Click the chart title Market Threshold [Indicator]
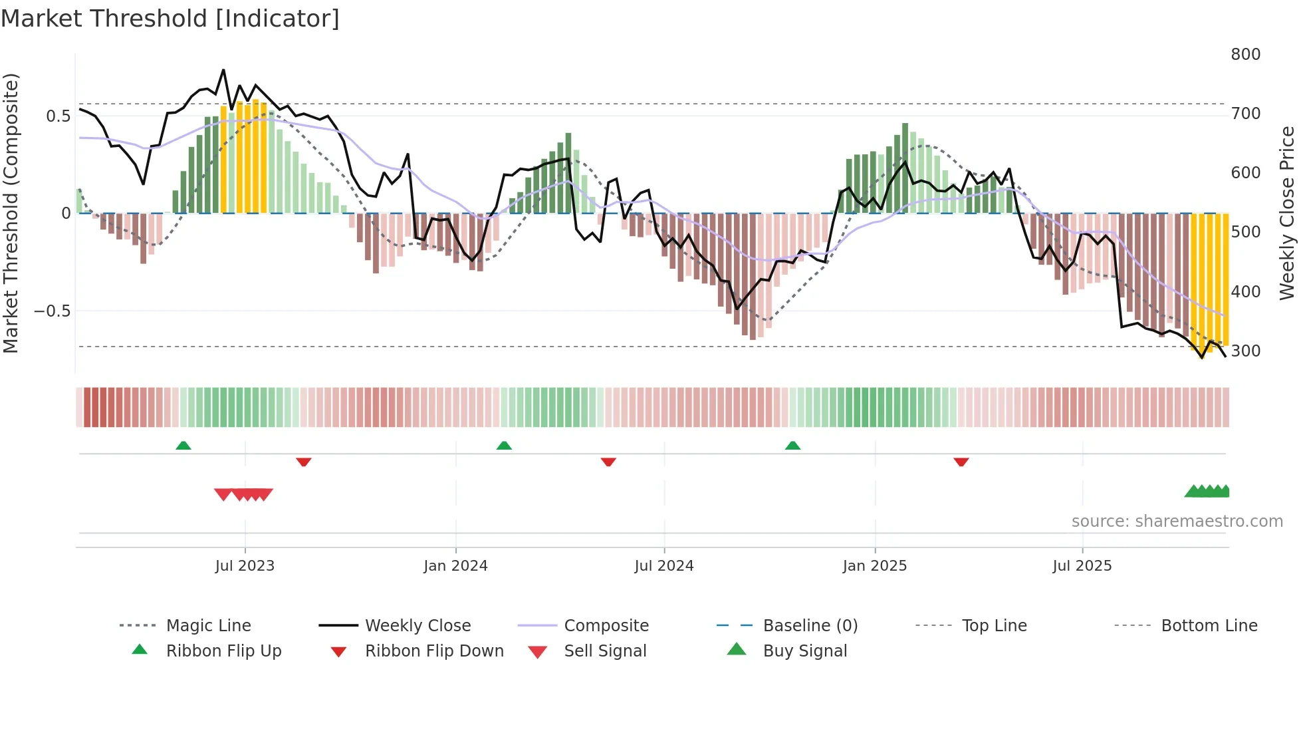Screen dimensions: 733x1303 click(x=170, y=19)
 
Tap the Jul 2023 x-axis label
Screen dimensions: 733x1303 click(x=245, y=566)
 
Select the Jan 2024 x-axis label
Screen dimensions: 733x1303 click(x=455, y=566)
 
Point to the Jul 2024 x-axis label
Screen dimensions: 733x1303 click(x=663, y=566)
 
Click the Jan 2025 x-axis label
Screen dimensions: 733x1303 click(x=874, y=566)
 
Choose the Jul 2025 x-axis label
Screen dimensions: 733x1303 click(x=1082, y=566)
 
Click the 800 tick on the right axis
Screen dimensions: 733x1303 click(x=1245, y=55)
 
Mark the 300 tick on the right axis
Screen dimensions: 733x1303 click(x=1245, y=351)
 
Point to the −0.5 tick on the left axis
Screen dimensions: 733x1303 click(x=52, y=311)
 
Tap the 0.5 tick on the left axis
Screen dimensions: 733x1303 click(x=58, y=116)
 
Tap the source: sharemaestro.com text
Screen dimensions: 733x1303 click(x=1177, y=521)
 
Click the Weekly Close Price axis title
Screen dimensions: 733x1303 click(x=1288, y=213)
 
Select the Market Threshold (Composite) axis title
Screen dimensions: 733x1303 click(x=11, y=213)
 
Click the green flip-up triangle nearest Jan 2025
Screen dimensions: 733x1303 click(x=792, y=446)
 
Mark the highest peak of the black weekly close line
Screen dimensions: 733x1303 click(x=223, y=70)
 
